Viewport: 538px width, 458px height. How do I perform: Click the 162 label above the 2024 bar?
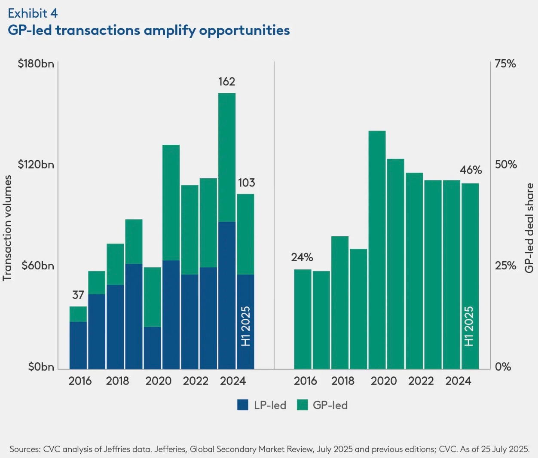pyautogui.click(x=226, y=82)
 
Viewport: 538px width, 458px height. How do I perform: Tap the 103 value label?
pyautogui.click(x=246, y=183)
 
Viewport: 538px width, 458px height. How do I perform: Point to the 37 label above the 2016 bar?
pyautogui.click(x=78, y=295)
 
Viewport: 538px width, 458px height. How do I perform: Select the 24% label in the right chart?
pyautogui.click(x=302, y=257)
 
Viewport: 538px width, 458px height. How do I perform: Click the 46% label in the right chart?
pyautogui.click(x=471, y=170)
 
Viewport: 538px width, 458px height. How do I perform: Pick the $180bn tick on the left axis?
pyautogui.click(x=36, y=64)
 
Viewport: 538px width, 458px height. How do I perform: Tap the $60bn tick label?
pyautogui.click(x=38, y=266)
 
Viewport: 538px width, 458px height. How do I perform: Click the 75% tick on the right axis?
pyautogui.click(x=505, y=64)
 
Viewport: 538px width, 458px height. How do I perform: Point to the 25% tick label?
pyautogui.click(x=505, y=266)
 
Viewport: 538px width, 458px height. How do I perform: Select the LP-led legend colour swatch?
pyautogui.click(x=243, y=405)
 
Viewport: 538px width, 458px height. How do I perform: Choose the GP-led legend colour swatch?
pyautogui.click(x=303, y=405)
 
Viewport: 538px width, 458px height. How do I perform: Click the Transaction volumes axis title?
pyautogui.click(x=7, y=228)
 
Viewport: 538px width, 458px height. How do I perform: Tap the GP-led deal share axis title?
pyautogui.click(x=529, y=228)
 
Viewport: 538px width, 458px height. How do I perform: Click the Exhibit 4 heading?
pyautogui.click(x=33, y=13)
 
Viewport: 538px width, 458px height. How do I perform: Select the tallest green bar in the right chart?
pyautogui.click(x=377, y=249)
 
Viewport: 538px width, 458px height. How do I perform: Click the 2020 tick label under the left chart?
pyautogui.click(x=158, y=381)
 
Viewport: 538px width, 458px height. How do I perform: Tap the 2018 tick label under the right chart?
pyautogui.click(x=342, y=381)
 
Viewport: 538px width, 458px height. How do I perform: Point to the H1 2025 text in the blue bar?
pyautogui.click(x=245, y=326)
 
